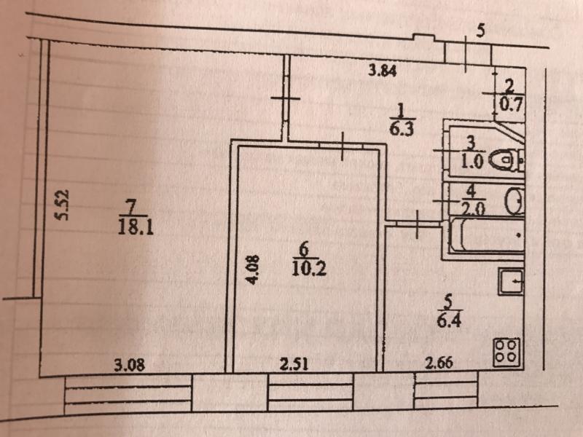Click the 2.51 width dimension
[x=295, y=365]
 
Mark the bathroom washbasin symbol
[x=514, y=201]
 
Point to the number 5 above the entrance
[x=480, y=31]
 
